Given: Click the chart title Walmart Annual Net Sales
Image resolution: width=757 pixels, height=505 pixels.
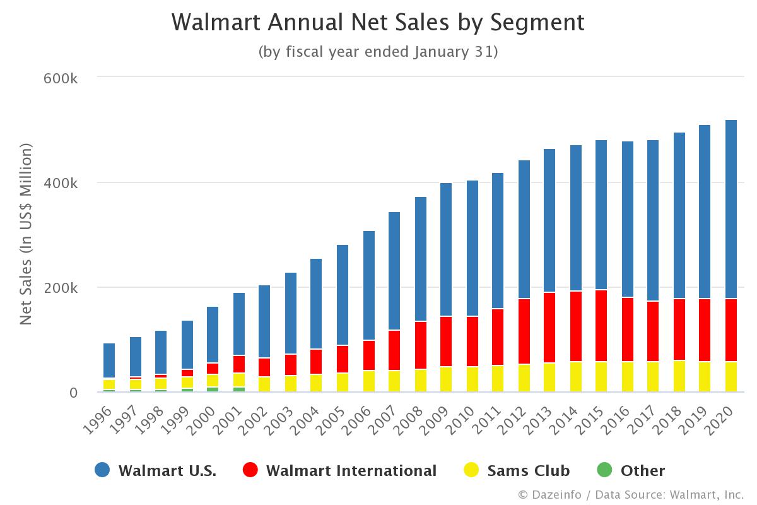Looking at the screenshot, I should [x=378, y=23].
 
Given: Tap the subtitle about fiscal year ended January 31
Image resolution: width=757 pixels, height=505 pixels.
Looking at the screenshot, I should [x=378, y=52].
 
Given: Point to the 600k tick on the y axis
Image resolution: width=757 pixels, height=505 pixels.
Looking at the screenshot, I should [x=61, y=78].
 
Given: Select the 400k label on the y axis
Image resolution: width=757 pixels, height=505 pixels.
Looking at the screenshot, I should [x=61, y=183].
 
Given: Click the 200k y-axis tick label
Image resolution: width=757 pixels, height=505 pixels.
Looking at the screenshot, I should [x=61, y=288].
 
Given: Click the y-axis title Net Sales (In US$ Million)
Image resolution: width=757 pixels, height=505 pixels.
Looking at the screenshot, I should [x=26, y=234].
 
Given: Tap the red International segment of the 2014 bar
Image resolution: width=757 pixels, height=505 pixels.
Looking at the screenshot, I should [x=576, y=326].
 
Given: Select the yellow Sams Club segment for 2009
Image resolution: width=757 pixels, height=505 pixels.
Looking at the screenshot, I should [x=446, y=379].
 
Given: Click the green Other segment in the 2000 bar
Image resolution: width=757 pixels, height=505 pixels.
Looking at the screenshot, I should [x=213, y=389].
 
